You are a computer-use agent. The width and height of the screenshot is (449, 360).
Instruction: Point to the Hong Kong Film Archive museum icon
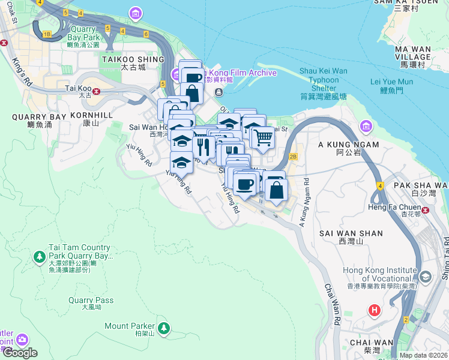click(x=175, y=73)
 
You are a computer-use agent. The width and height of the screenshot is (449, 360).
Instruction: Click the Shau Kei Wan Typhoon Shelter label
click(x=323, y=83)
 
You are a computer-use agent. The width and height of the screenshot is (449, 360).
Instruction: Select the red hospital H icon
click(x=375, y=310)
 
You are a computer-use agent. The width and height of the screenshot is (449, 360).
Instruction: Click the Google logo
click(x=20, y=353)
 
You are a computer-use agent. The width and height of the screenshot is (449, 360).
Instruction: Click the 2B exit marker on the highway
click(x=293, y=157)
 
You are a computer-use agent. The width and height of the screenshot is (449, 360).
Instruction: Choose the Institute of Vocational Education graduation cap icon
click(x=426, y=277)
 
